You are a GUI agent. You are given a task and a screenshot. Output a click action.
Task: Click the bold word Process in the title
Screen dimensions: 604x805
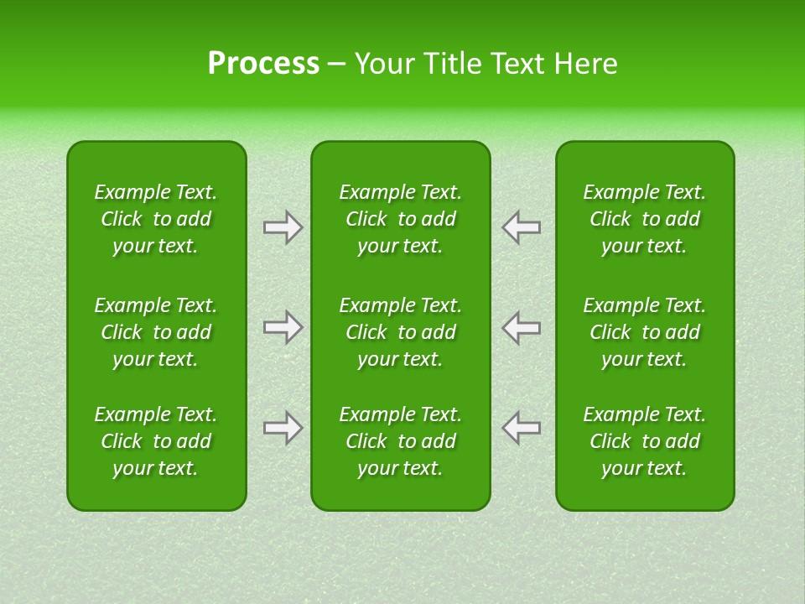pyautogui.click(x=263, y=63)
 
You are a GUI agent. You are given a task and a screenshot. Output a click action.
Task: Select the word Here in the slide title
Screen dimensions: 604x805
pyautogui.click(x=585, y=63)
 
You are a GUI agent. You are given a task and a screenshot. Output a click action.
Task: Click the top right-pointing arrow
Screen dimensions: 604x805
pyautogui.click(x=283, y=227)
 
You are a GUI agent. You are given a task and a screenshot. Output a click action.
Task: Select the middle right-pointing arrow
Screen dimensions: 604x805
pyautogui.click(x=283, y=327)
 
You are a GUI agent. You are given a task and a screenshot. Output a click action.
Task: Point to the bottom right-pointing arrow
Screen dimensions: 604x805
pyautogui.click(x=283, y=428)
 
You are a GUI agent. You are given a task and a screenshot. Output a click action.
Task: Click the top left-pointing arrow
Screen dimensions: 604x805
pyautogui.click(x=522, y=227)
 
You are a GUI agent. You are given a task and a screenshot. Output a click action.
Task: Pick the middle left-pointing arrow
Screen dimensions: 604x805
pyautogui.click(x=522, y=327)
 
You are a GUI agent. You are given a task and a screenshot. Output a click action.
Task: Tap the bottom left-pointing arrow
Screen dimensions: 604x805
pyautogui.click(x=522, y=428)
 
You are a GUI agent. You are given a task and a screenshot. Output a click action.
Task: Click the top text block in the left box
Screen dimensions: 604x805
pyautogui.click(x=156, y=219)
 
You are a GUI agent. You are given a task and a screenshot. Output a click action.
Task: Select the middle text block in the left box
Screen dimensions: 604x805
pyautogui.click(x=156, y=332)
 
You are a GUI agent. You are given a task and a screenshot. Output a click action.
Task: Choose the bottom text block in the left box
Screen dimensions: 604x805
pyautogui.click(x=156, y=441)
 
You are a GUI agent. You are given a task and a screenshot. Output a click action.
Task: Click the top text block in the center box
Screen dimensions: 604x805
pyautogui.click(x=401, y=219)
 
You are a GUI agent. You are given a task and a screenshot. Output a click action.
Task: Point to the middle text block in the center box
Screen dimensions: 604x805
pyautogui.click(x=401, y=332)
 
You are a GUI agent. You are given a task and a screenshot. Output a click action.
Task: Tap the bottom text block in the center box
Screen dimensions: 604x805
pyautogui.click(x=401, y=441)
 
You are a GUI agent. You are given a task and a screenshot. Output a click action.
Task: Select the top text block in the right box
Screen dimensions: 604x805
pyautogui.click(x=645, y=219)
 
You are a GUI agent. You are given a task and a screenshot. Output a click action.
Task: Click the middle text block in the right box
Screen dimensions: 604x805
pyautogui.click(x=645, y=332)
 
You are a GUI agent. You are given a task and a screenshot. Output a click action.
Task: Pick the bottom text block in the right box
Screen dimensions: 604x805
pyautogui.click(x=645, y=441)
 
